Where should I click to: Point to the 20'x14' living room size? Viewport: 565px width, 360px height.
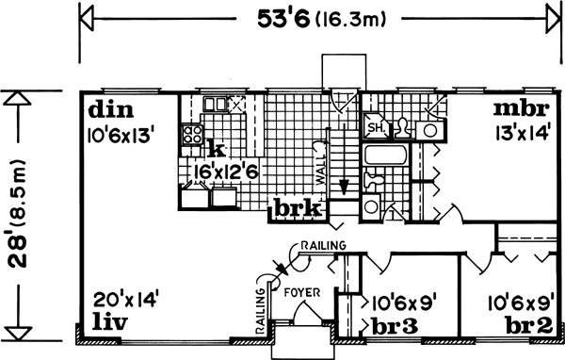[x=123, y=302]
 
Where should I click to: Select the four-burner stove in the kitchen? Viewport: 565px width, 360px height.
[x=193, y=135]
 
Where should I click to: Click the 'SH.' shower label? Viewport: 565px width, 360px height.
[x=374, y=127]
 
